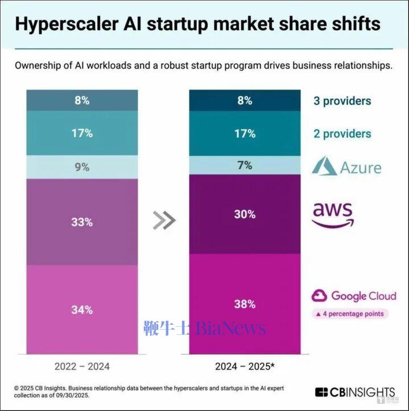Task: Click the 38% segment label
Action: pos(245,304)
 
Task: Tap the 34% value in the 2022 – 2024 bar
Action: pos(82,310)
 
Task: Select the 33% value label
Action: pos(82,222)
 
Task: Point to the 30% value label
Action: pos(245,214)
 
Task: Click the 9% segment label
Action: pos(82,168)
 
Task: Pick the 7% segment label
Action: pos(245,165)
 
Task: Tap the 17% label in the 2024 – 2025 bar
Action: pos(245,134)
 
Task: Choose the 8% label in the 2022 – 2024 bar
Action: pos(82,101)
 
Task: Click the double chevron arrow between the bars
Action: pos(164,221)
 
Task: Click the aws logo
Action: pos(333,214)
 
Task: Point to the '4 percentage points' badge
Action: pos(349,313)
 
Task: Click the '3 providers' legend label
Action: pos(342,101)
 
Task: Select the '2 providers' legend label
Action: pos(342,134)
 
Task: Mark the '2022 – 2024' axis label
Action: pos(82,366)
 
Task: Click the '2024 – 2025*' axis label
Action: pos(244,366)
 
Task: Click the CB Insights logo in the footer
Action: pos(354,392)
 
